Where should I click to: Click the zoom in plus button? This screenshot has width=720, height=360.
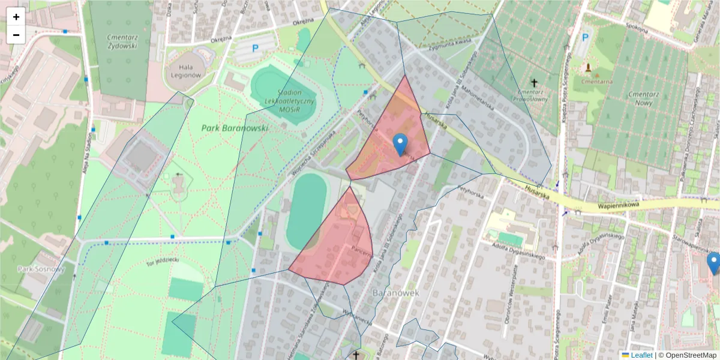click(x=16, y=17)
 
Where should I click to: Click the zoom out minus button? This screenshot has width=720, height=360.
click(x=16, y=35)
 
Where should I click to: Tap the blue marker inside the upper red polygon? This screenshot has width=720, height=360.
click(x=400, y=145)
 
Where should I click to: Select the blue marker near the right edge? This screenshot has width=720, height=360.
click(x=713, y=263)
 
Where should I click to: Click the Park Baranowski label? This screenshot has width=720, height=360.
click(x=235, y=128)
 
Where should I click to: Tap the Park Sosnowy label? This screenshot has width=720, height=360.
click(x=41, y=269)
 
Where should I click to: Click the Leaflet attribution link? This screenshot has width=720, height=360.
click(x=641, y=355)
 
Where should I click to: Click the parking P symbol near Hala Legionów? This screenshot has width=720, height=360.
click(x=255, y=49)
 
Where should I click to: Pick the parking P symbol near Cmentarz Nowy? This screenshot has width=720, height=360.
click(x=585, y=38)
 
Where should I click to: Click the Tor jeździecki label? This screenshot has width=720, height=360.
click(x=163, y=262)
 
